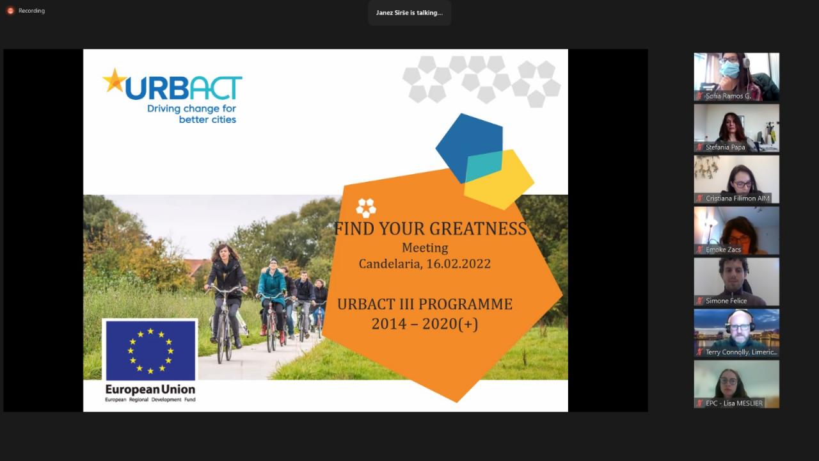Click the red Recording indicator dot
(10, 11)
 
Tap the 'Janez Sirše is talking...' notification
(409, 13)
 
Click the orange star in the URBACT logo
(115, 81)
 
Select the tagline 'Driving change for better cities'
(191, 114)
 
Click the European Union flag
(150, 350)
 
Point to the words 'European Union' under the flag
(150, 389)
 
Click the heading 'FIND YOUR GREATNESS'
(431, 229)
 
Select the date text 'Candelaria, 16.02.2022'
(424, 264)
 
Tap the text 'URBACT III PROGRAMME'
(424, 304)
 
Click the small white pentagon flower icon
(366, 208)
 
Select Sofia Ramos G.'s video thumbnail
(736, 77)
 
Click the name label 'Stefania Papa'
(725, 147)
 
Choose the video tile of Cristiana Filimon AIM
(736, 179)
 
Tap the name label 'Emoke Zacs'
(723, 250)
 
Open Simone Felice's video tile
(736, 282)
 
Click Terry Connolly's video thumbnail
(736, 333)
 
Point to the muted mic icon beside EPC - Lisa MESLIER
(699, 403)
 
